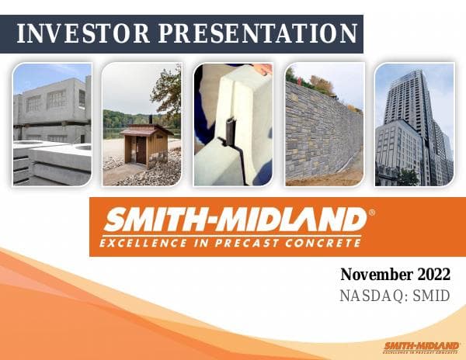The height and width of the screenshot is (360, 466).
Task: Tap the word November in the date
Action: coord(374,275)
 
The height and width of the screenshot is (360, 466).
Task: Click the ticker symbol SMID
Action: coord(432,296)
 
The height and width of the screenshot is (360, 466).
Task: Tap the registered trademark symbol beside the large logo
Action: coord(371,212)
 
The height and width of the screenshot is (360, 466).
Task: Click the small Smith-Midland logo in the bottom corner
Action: coord(421,346)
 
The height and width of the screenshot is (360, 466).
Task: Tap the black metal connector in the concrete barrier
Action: coord(229,132)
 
